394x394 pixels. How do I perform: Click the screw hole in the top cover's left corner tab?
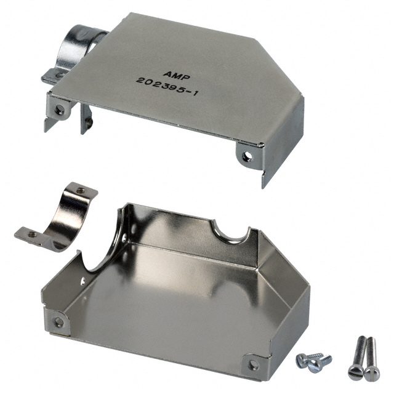tap(60, 110)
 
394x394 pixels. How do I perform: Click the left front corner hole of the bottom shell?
tap(58, 321)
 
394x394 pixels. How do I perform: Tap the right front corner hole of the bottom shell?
tap(252, 364)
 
